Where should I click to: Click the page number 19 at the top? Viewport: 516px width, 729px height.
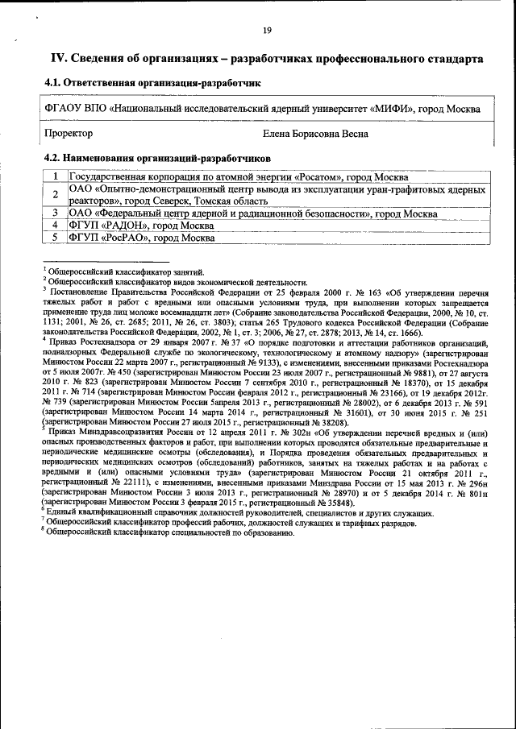267,30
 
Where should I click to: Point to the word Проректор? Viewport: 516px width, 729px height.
68,133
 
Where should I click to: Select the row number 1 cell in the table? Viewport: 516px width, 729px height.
55,177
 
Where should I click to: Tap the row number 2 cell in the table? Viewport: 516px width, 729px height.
55,194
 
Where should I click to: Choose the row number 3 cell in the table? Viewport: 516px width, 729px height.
55,213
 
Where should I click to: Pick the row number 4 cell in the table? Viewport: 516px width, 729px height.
55,226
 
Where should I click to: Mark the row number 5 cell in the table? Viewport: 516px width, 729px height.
55,238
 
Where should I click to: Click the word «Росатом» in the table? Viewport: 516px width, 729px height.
321,177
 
